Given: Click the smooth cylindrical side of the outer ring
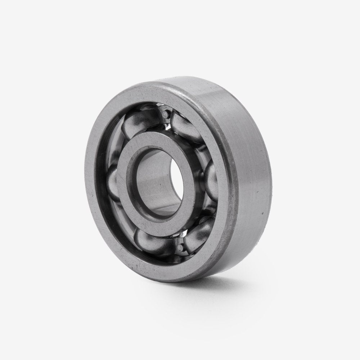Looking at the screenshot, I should coord(248,162).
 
